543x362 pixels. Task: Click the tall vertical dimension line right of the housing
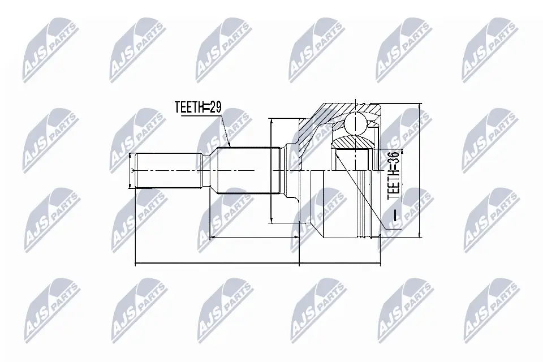coord(419,170)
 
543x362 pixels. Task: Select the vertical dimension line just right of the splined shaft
coord(272,170)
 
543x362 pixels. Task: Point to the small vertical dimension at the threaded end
coord(131,170)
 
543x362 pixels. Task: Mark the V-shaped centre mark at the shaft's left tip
coord(134,170)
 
